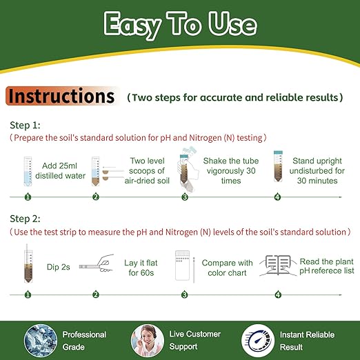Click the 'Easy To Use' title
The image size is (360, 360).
tap(180, 25)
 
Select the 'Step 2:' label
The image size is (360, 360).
tap(26, 220)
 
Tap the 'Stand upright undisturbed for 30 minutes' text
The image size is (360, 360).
tap(314, 170)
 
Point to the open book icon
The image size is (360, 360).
tap(277, 266)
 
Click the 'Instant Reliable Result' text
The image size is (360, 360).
tap(307, 340)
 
